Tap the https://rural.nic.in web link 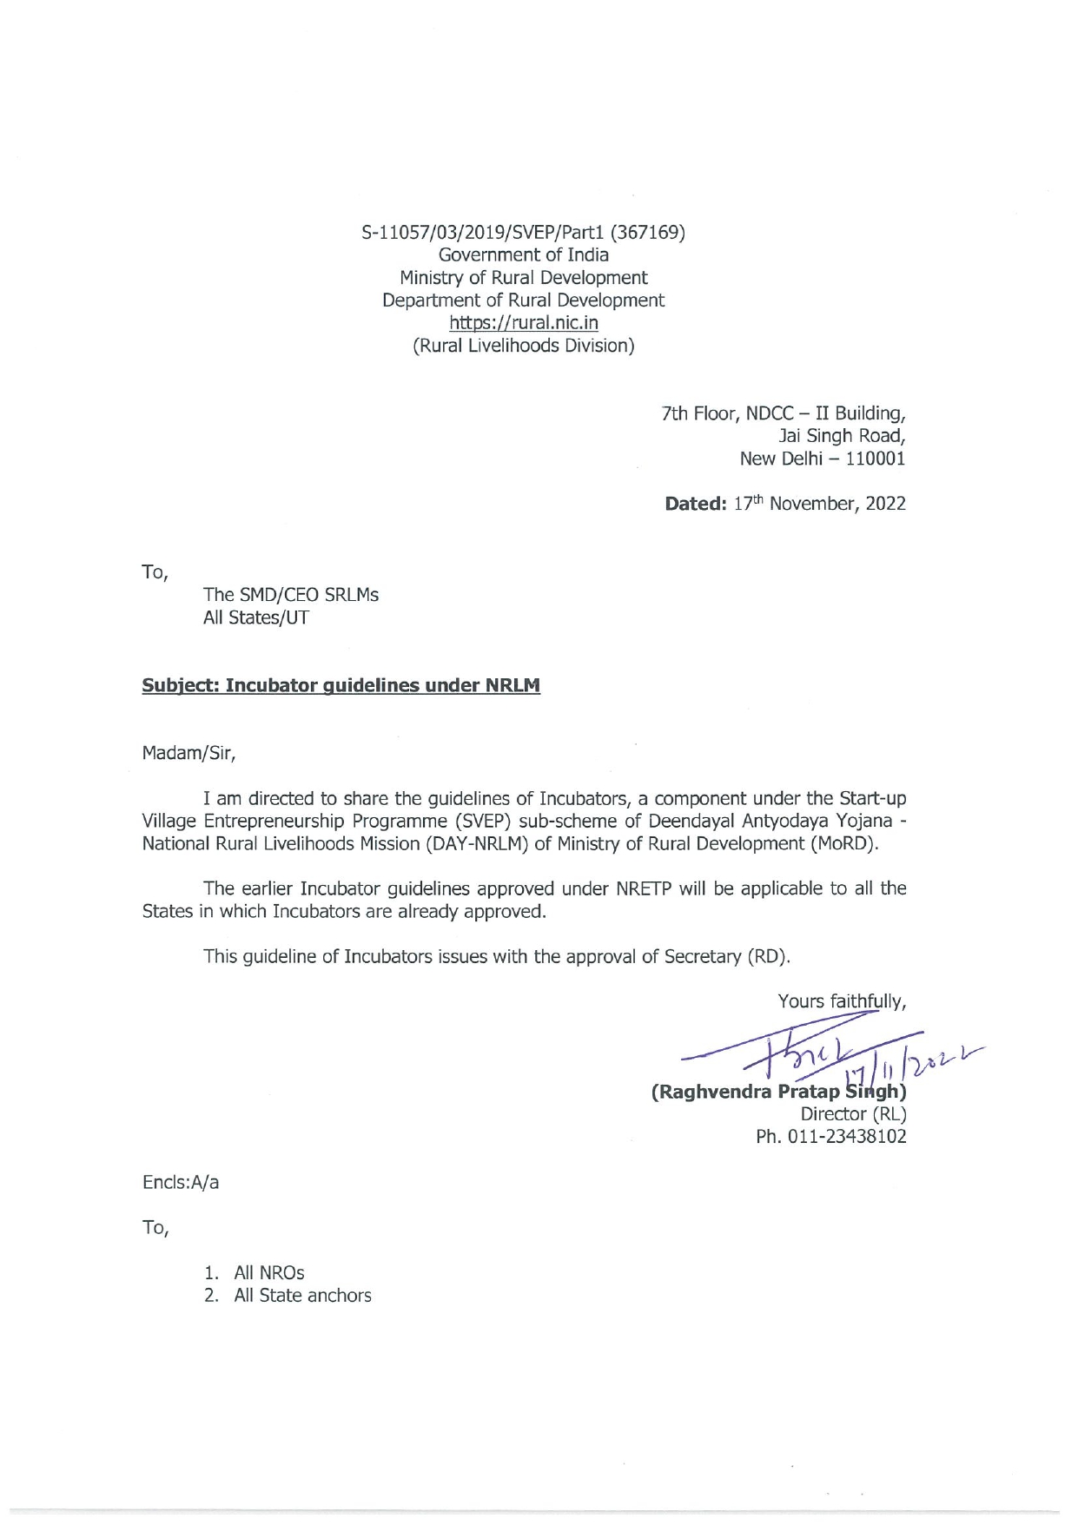pyautogui.click(x=523, y=323)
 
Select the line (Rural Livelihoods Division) pyautogui.click(x=523, y=346)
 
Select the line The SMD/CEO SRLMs pyautogui.click(x=290, y=595)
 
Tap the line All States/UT pyautogui.click(x=255, y=617)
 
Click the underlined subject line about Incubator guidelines pyautogui.click(x=341, y=685)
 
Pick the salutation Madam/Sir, pyautogui.click(x=188, y=753)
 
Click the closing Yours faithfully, pyautogui.click(x=842, y=1001)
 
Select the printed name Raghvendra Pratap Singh pyautogui.click(x=777, y=1092)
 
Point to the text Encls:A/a pyautogui.click(x=181, y=1182)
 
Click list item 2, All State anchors pyautogui.click(x=301, y=1295)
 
